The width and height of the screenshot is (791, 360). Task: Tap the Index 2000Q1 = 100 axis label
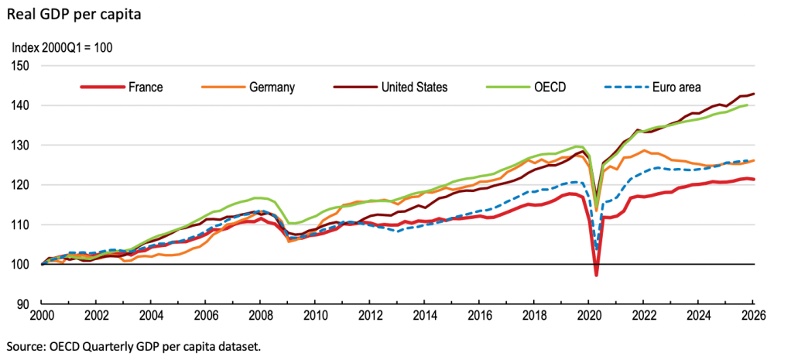pos(62,48)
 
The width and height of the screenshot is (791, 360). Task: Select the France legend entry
pos(122,87)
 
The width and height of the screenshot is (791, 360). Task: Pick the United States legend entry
pos(390,87)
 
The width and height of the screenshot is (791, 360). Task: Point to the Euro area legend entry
pos(652,87)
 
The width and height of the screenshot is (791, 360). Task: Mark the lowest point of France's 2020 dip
pos(596,275)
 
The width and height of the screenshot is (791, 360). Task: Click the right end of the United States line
pos(754,94)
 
